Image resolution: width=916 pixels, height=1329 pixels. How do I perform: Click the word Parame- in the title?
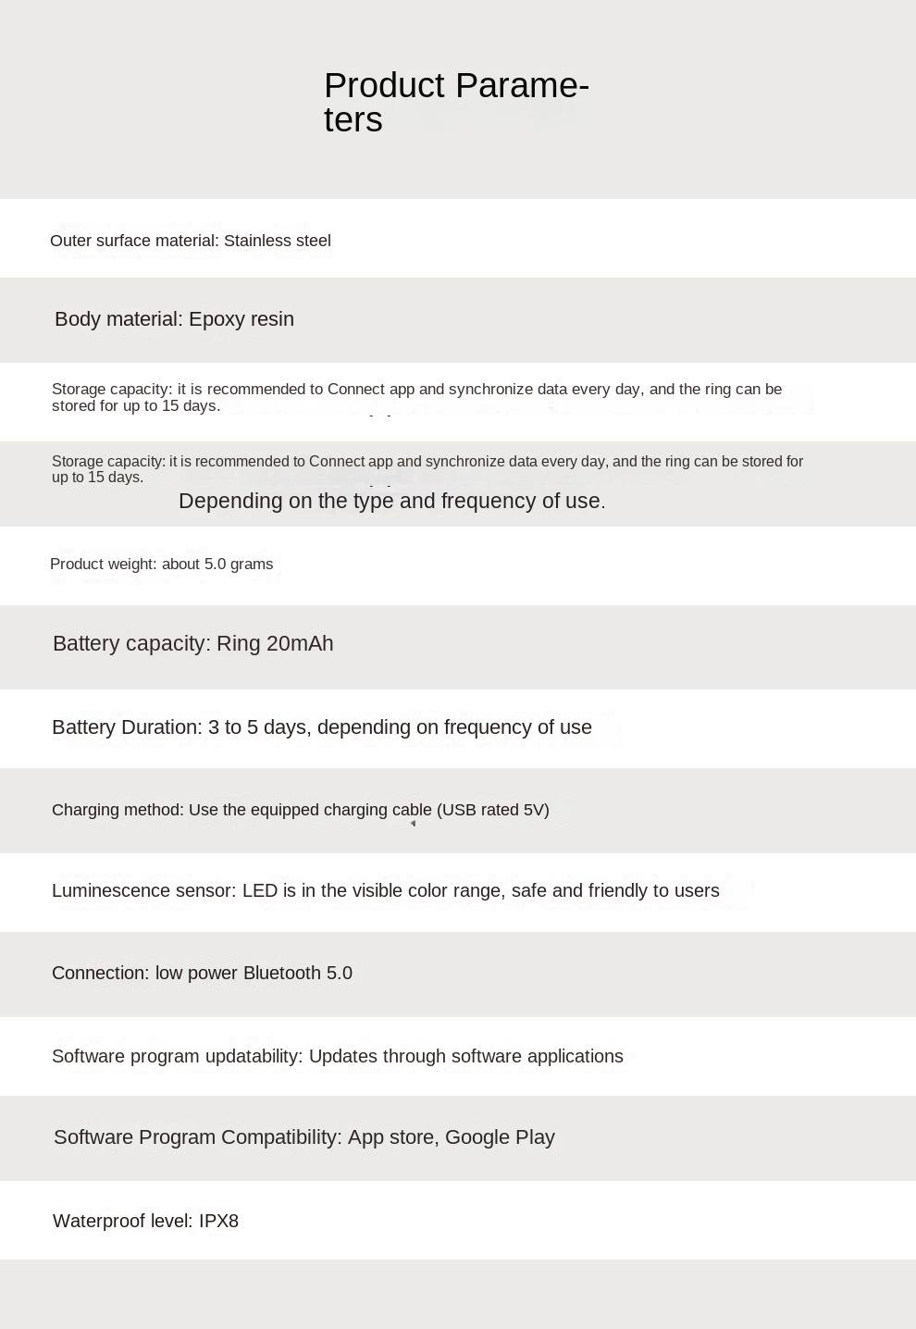pos(522,86)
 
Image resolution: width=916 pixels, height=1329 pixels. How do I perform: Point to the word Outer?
pos(70,241)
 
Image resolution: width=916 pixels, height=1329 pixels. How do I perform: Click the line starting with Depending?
pos(391,501)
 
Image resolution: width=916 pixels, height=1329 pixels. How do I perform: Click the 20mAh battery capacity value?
pos(300,643)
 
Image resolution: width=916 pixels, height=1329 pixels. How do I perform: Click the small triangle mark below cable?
pos(413,824)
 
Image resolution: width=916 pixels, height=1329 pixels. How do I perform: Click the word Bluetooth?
pos(281,973)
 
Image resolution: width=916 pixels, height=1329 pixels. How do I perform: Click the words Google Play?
pos(500,1137)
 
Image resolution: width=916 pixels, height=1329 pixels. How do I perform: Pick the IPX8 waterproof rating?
pos(218,1221)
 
